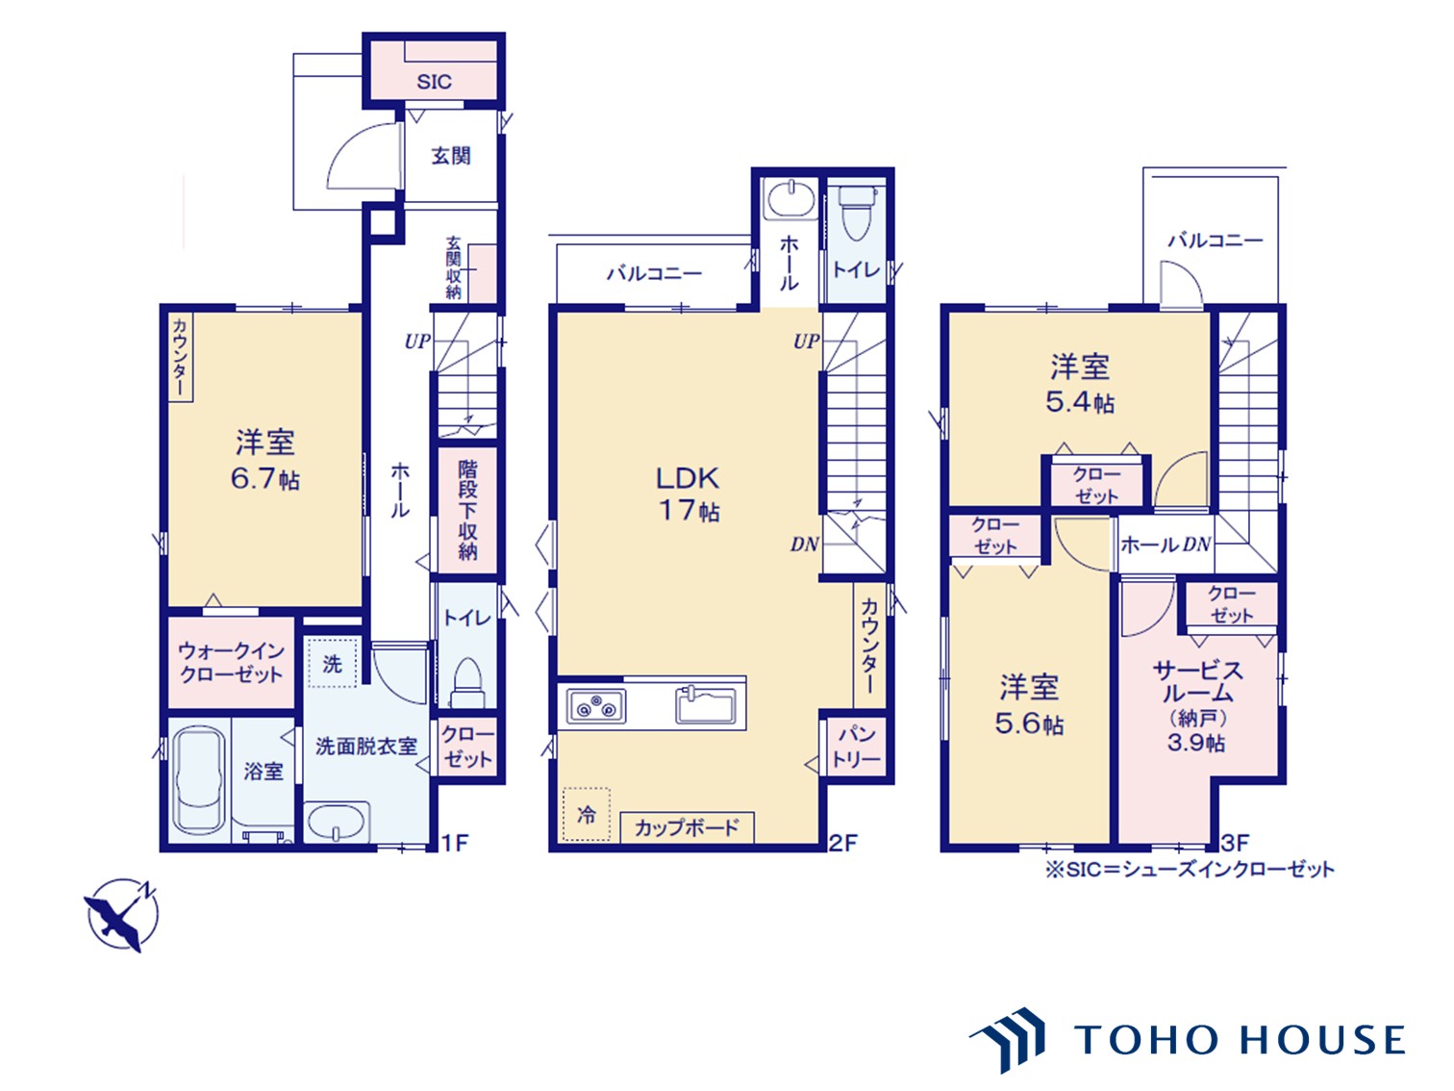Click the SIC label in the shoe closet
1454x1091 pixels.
[434, 82]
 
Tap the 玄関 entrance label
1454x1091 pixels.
[451, 156]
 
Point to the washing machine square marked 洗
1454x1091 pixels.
[333, 662]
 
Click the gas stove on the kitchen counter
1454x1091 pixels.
[595, 705]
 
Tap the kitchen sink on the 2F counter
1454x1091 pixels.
[706, 705]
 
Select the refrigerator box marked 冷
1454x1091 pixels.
[587, 814]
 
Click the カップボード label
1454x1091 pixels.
[687, 827]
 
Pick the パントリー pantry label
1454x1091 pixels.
[856, 747]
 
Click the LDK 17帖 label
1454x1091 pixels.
[689, 494]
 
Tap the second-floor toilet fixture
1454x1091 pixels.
[857, 212]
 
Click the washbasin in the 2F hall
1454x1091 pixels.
[790, 198]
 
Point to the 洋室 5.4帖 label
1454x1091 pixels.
[1080, 384]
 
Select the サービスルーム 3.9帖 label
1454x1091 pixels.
[1197, 706]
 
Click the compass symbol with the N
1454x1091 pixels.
[122, 915]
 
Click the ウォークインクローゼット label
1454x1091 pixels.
[231, 663]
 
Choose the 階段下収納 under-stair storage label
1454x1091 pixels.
[467, 510]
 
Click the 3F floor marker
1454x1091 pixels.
[1235, 843]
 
